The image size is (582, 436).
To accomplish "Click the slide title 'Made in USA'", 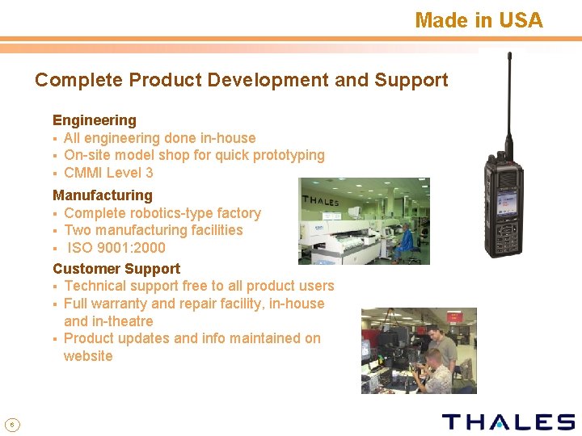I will (479, 20).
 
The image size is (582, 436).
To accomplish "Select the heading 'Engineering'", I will (95, 120).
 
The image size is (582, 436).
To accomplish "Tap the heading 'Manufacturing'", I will (103, 195).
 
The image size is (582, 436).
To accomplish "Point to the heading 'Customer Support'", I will (116, 269).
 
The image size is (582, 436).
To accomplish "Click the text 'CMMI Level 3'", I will (108, 173).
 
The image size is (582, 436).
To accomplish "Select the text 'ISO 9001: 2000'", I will (116, 248).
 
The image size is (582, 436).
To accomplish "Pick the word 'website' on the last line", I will (88, 356).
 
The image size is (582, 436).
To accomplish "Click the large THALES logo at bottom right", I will (508, 421).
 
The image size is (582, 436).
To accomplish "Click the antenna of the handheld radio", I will (510, 101).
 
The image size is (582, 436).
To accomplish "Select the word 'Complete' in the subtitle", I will (78, 81).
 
